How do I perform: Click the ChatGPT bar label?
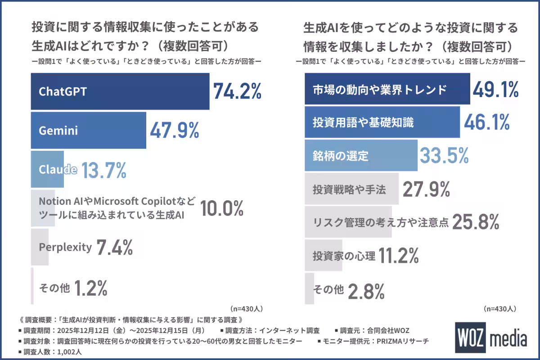click(x=63, y=91)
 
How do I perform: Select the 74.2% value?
click(x=237, y=91)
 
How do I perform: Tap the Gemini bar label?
click(x=58, y=130)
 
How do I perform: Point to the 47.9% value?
click(x=174, y=130)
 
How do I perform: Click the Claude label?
click(x=58, y=170)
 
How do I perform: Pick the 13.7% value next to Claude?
click(x=104, y=170)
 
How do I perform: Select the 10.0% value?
click(x=221, y=208)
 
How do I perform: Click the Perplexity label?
click(x=65, y=247)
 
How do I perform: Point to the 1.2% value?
click(x=90, y=287)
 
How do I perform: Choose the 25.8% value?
click(x=476, y=222)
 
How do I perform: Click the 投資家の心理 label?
click(x=344, y=256)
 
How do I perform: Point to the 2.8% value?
click(x=366, y=290)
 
